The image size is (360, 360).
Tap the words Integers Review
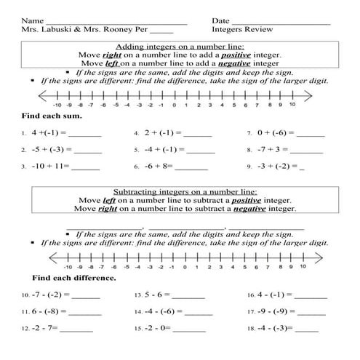243,30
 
